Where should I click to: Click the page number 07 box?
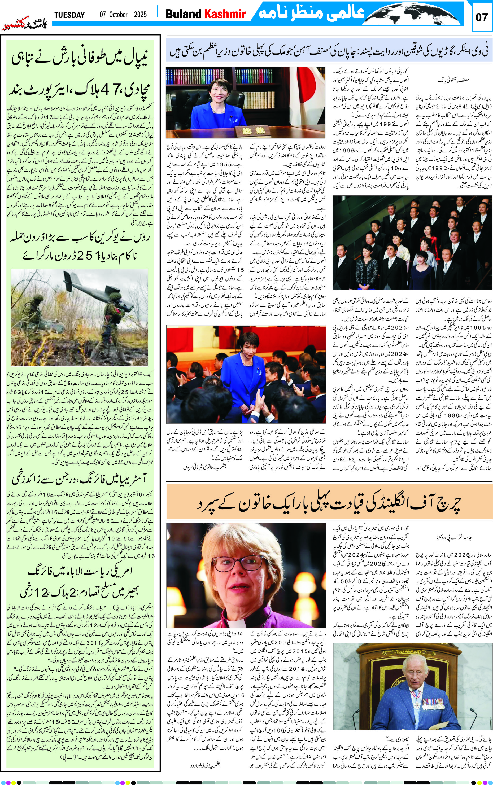(x=481, y=17)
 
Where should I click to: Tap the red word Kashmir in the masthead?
(x=225, y=14)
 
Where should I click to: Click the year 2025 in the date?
(x=140, y=15)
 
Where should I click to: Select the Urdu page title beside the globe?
(x=311, y=13)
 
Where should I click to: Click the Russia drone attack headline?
(x=80, y=246)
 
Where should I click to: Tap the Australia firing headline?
(x=80, y=478)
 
